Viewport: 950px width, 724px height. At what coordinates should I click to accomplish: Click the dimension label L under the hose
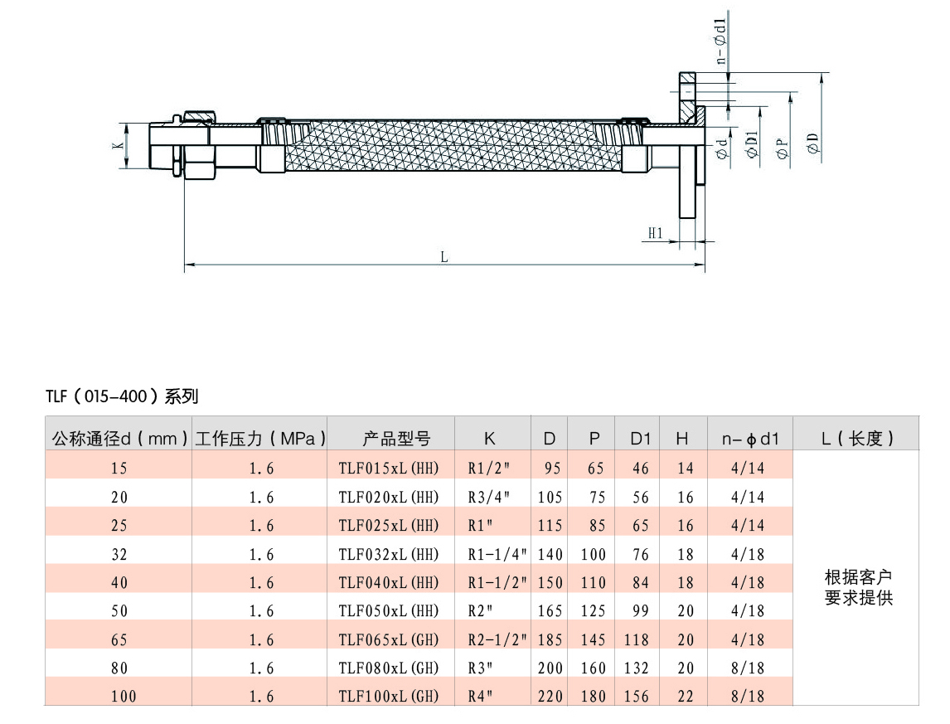[x=444, y=257]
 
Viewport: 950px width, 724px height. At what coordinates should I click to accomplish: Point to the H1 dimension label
[x=656, y=233]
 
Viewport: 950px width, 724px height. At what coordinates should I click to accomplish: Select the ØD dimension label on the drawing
[x=813, y=143]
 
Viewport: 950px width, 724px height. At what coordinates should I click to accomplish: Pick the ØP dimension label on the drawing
[x=783, y=148]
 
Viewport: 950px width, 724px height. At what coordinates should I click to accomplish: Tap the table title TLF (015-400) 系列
[x=122, y=396]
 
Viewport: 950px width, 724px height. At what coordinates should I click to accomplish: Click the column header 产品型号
[x=396, y=438]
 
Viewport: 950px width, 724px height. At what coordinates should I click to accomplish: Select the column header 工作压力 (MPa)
[x=260, y=438]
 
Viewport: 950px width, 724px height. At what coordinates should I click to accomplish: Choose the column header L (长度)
[x=857, y=438]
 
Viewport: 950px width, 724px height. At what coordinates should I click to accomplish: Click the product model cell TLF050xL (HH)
[x=388, y=610]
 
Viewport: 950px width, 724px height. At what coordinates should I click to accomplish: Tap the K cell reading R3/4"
[x=489, y=498]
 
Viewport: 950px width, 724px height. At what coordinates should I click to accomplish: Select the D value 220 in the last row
[x=550, y=696]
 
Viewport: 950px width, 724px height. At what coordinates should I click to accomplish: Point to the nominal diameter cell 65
[x=119, y=639]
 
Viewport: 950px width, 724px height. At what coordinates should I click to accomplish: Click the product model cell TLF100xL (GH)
[x=388, y=696]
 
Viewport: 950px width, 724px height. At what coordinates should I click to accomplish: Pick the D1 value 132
[x=636, y=668]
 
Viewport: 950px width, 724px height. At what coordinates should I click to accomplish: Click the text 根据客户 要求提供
[x=859, y=587]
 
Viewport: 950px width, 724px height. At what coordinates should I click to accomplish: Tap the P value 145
[x=594, y=639]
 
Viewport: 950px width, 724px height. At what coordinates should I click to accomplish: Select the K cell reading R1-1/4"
[x=497, y=554]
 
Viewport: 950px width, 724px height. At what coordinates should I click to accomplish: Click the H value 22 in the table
[x=686, y=696]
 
